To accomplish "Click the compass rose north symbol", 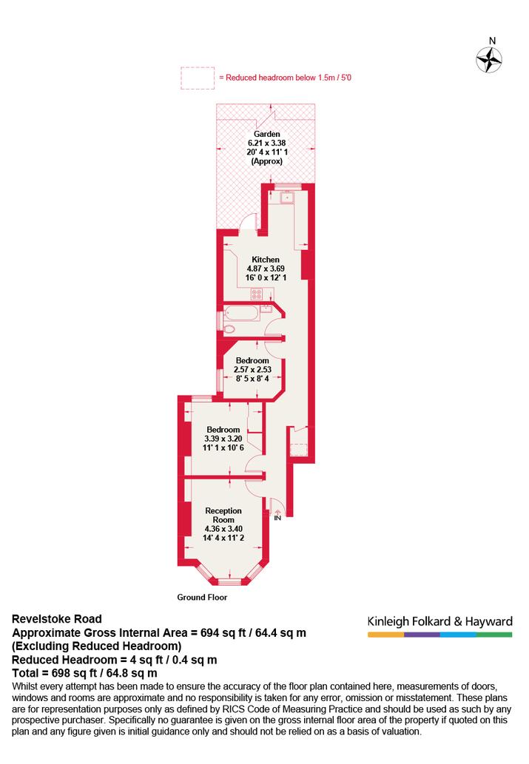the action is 489,60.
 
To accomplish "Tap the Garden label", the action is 266,134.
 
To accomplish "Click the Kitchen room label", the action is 266,260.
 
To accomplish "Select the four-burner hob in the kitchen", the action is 257,294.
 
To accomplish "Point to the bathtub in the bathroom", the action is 241,314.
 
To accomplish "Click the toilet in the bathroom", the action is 228,328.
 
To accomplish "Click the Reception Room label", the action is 223,515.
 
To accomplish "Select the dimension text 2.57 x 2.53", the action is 252,369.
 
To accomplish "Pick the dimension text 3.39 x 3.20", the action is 223,439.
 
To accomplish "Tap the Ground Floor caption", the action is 202,598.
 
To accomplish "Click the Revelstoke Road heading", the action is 56,619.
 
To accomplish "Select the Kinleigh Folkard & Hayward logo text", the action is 439,622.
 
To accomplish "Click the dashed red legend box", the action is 198,78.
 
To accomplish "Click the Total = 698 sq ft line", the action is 84,673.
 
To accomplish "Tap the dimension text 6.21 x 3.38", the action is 266,143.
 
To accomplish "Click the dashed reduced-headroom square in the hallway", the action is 298,449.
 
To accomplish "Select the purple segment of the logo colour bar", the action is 422,635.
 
